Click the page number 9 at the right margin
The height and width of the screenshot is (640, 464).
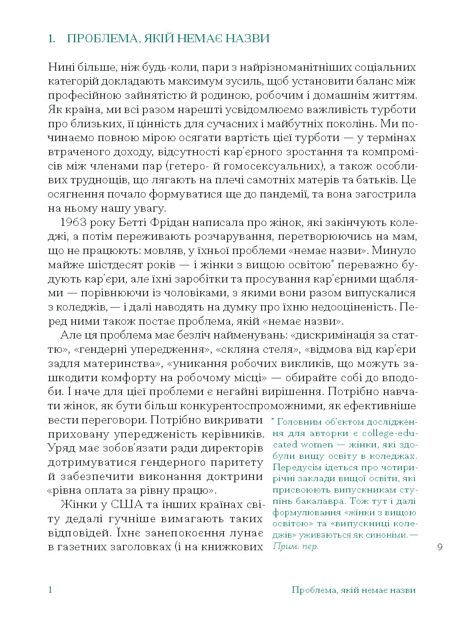[440, 547]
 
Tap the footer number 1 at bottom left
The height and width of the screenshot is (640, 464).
[50, 590]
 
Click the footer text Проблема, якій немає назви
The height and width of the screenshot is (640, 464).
[353, 590]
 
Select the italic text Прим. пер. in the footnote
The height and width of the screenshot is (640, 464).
[295, 547]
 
